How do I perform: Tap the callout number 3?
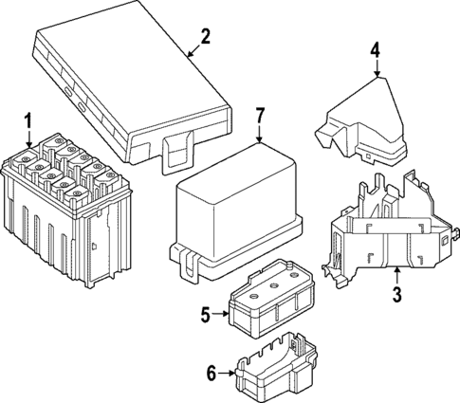(x=396, y=294)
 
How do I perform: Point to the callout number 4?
(x=376, y=49)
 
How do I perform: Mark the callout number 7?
(x=261, y=118)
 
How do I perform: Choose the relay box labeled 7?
(x=237, y=213)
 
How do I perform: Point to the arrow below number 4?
(x=376, y=70)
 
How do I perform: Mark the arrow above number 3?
(x=396, y=274)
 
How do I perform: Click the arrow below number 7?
(x=261, y=138)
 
